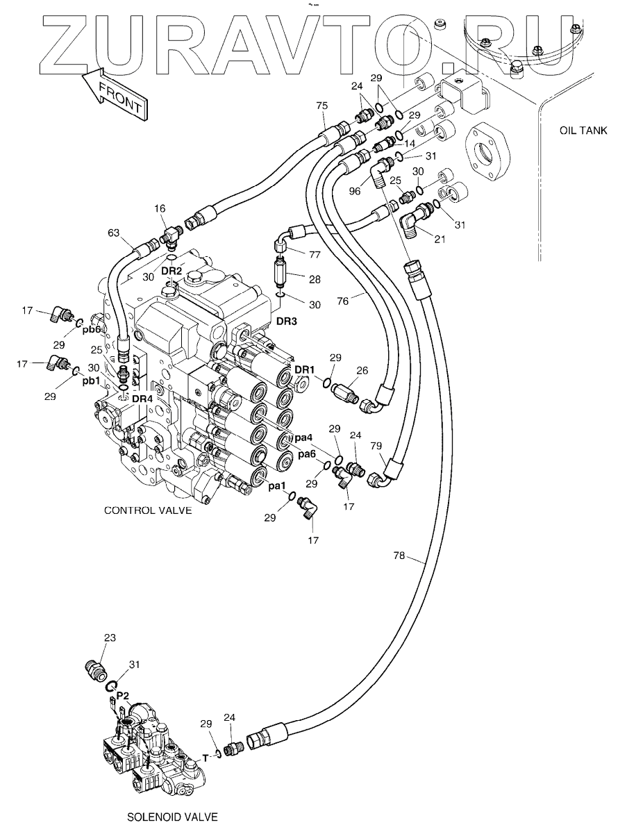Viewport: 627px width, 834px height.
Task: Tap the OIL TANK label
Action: coord(583,130)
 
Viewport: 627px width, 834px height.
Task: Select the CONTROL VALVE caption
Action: coord(147,510)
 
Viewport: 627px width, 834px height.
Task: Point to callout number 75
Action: coord(321,106)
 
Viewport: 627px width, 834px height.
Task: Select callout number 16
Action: coord(160,208)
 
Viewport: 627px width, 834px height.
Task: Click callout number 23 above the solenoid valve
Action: coord(110,637)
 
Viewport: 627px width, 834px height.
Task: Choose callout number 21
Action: coord(439,240)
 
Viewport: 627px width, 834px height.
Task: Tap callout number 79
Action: coord(376,445)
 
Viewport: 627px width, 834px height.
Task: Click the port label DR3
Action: coord(287,322)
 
